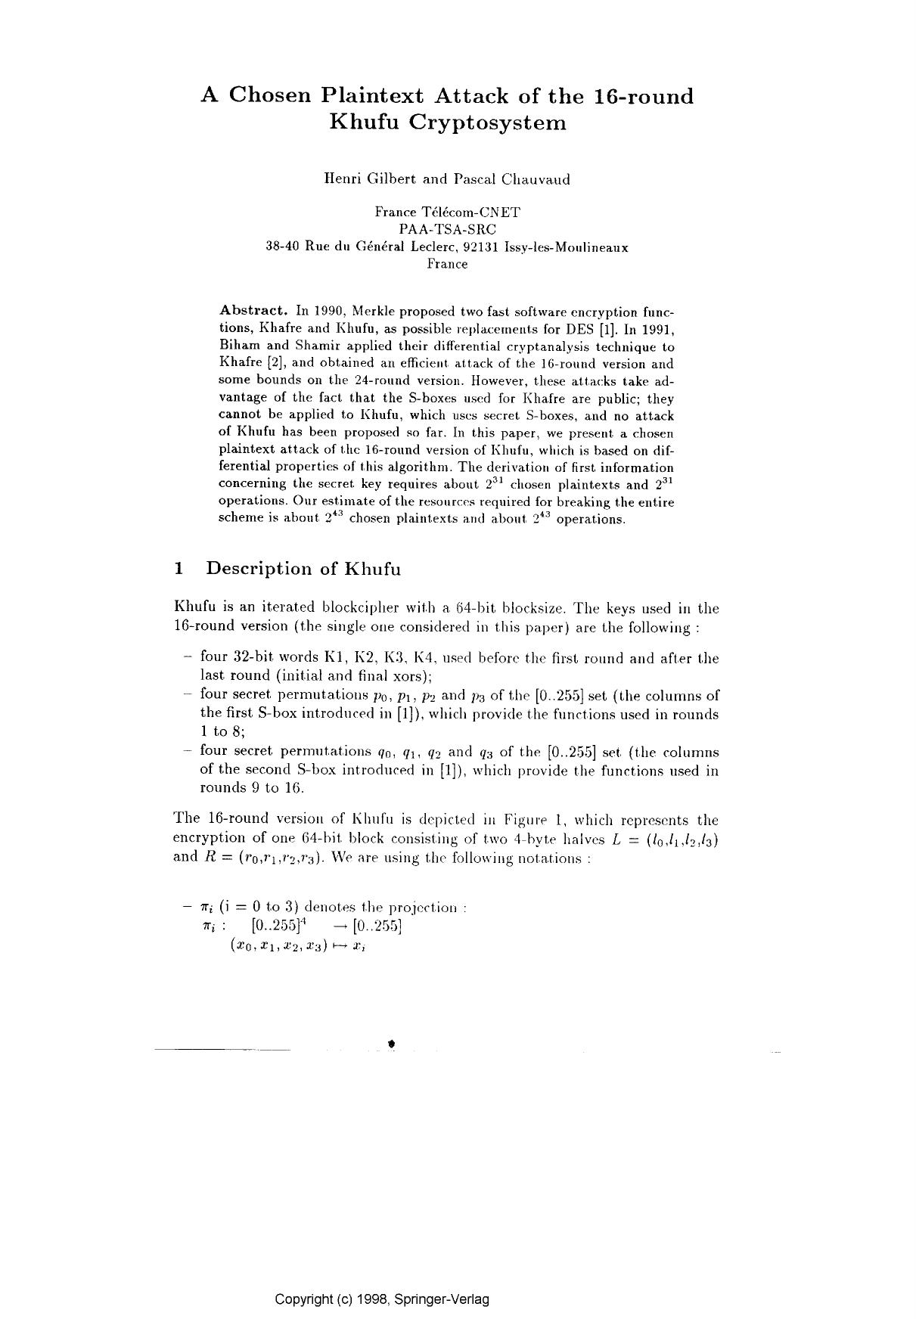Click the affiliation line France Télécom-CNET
coord(447,213)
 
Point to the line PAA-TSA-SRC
coord(447,229)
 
